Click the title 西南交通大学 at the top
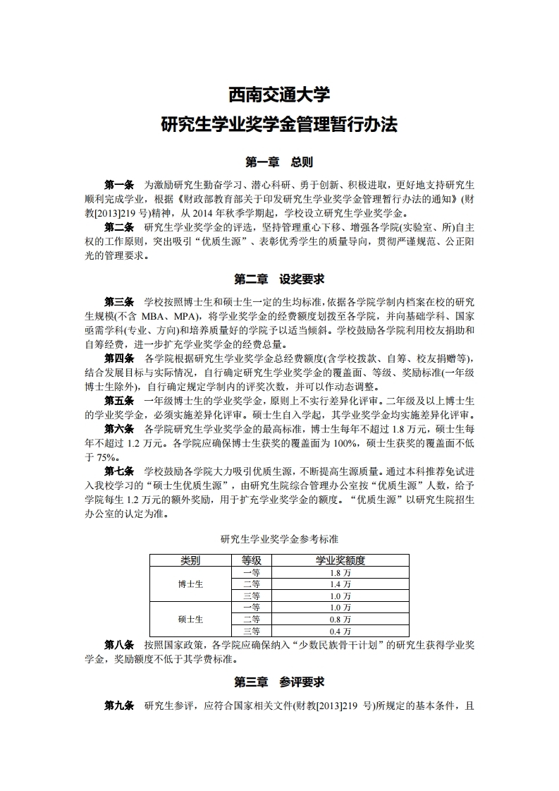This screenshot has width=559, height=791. click(x=279, y=94)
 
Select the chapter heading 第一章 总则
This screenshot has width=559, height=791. click(x=279, y=162)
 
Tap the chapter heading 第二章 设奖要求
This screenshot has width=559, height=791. click(x=279, y=279)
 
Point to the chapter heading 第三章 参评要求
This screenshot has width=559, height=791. click(x=279, y=682)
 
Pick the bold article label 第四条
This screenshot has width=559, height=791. click(x=119, y=358)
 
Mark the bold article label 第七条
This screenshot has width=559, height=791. click(x=119, y=471)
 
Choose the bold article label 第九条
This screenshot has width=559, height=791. click(x=119, y=706)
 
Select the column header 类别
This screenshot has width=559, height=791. click(x=190, y=561)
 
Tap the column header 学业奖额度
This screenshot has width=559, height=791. click(x=340, y=561)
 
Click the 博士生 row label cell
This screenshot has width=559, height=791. click(x=190, y=584)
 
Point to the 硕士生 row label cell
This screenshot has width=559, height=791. click(x=190, y=619)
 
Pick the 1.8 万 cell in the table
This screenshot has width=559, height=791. click(x=340, y=573)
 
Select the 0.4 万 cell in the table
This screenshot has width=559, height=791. click(x=340, y=631)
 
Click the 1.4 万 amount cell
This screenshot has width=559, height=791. click(x=340, y=584)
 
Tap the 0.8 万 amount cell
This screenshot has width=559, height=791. click(x=340, y=619)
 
